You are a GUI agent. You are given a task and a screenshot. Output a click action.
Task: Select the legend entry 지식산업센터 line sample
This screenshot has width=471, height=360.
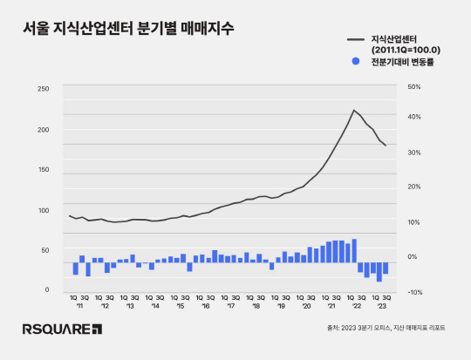(x=355, y=39)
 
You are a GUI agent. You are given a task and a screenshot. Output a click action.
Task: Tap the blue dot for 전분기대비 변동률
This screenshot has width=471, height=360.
(x=355, y=62)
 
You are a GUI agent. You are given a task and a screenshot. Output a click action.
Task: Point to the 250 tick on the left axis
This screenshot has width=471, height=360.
(x=44, y=89)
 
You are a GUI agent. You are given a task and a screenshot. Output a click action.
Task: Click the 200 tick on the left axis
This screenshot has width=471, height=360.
(x=44, y=129)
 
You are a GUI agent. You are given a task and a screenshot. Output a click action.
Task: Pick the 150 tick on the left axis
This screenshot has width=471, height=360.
(x=44, y=170)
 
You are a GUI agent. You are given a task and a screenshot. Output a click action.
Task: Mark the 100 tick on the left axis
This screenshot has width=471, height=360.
(x=44, y=210)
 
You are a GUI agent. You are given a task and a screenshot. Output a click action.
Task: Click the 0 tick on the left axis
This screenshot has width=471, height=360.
(x=47, y=290)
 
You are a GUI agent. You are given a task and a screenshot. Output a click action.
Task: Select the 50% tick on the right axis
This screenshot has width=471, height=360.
(x=413, y=87)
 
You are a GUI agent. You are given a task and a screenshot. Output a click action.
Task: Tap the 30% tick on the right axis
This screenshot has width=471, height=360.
(x=413, y=153)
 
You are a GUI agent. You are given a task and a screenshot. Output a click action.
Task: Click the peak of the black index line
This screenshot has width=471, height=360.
(x=354, y=110)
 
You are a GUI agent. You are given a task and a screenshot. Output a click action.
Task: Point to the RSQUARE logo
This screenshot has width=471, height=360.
(x=63, y=329)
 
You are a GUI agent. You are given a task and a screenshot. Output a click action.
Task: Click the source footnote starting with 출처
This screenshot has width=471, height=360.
(x=386, y=328)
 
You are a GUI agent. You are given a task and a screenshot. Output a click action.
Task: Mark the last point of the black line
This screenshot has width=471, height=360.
(x=386, y=146)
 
